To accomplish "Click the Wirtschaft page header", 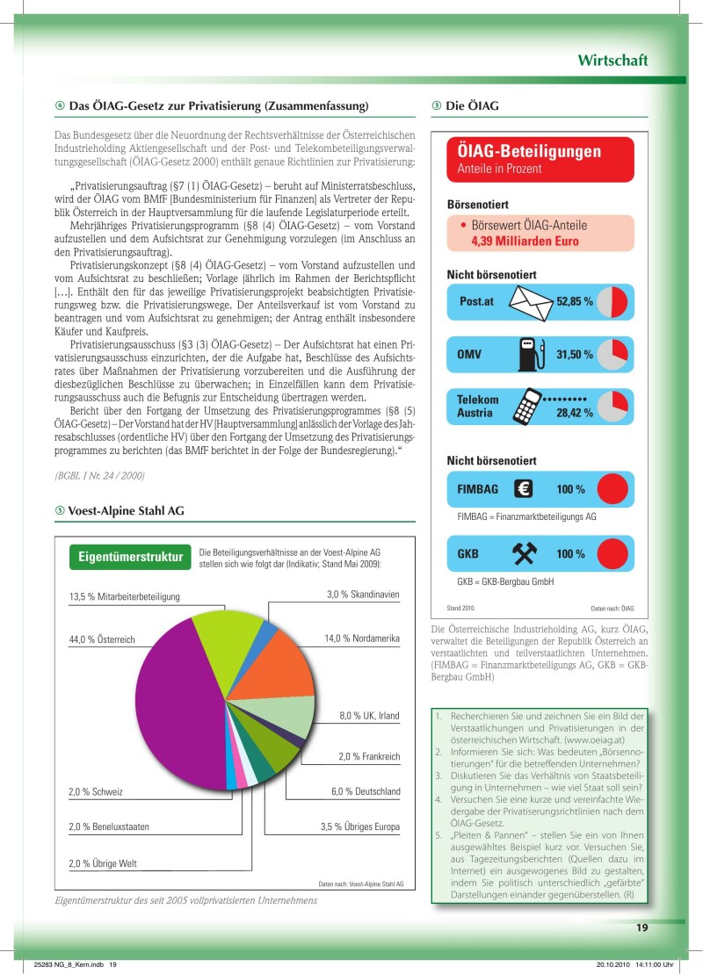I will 612,61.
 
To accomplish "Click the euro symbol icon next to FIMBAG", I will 525,488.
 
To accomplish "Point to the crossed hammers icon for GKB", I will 525,553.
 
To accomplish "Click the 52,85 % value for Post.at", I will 575,302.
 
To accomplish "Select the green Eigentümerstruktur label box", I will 130,557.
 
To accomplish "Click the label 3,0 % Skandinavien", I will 363,595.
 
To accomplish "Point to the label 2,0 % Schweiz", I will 96,792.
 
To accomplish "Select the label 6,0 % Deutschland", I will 366,792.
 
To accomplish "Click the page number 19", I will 642,927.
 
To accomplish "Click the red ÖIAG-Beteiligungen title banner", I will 540,158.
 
